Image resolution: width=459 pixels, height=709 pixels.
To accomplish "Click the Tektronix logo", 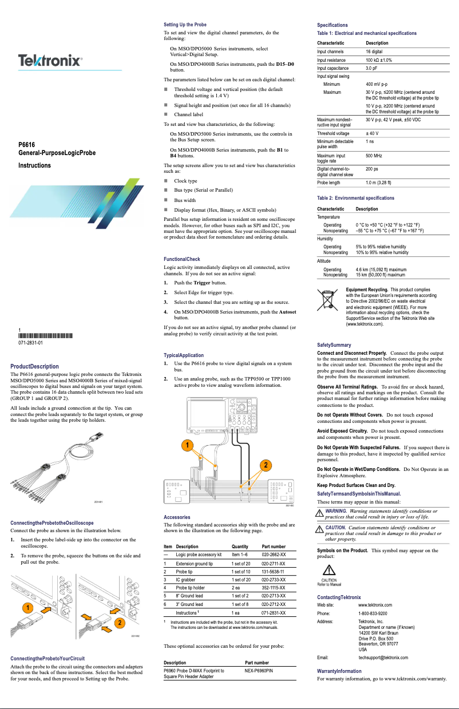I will point(50,61).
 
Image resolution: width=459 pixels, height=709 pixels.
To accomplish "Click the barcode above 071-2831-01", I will point(46,336).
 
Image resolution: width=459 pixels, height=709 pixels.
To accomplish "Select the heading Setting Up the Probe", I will point(185,25).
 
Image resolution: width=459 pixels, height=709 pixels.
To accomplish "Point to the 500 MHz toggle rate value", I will point(374,155).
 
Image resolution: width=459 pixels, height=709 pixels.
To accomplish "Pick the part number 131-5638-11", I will point(274,572).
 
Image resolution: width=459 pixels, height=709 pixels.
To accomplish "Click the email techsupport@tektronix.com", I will point(383,657).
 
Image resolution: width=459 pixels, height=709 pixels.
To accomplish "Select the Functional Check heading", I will point(181,259).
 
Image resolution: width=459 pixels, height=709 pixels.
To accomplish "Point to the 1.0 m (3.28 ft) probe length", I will point(378,183).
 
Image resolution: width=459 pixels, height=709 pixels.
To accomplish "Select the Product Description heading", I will point(35,366).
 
